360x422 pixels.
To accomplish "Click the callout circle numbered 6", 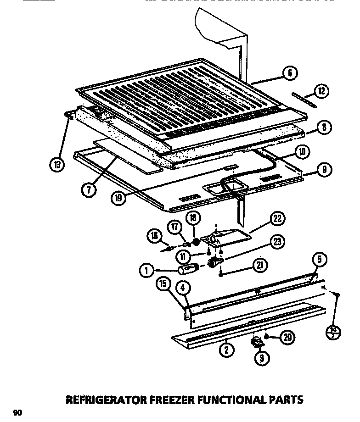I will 289,73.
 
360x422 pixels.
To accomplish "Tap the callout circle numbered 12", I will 321,91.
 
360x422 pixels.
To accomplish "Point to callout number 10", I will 302,152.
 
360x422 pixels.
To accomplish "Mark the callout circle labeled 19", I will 118,198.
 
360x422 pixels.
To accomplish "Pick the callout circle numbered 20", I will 287,338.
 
